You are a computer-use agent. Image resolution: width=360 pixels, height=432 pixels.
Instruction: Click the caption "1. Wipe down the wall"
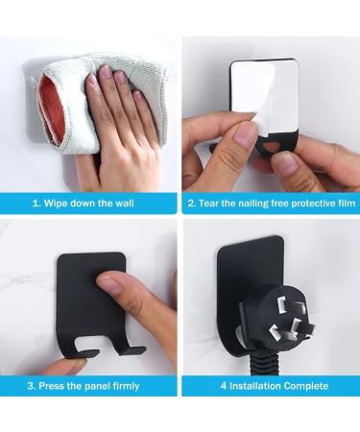(x=88, y=204)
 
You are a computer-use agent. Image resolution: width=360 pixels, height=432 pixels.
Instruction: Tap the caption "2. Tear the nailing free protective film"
(x=271, y=204)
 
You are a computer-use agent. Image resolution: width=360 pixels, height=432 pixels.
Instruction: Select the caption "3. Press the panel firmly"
(x=88, y=386)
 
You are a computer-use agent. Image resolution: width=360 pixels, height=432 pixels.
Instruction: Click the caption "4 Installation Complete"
(x=272, y=386)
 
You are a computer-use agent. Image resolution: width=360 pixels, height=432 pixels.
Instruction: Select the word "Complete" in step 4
(x=304, y=386)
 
